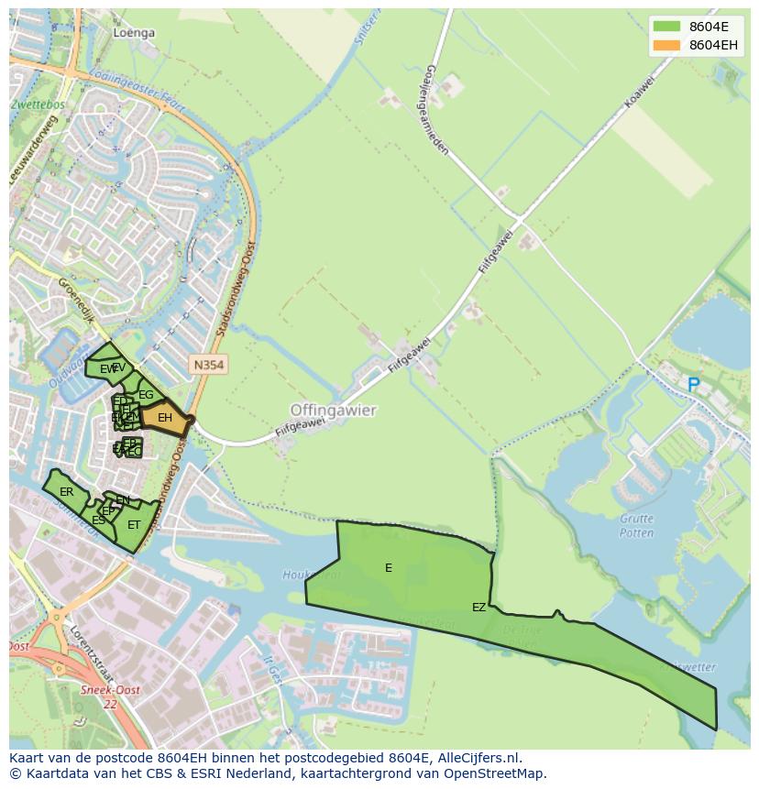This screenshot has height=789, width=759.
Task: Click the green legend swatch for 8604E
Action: coord(666,26)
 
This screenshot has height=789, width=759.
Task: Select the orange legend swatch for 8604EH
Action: coord(666,45)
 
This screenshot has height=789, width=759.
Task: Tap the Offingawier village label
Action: coord(333,411)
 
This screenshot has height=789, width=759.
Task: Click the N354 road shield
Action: coord(208,365)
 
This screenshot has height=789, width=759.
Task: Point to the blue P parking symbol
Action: coord(694,386)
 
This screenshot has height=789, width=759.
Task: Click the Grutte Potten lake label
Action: coord(636,526)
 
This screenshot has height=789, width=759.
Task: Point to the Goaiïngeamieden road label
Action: coord(436,109)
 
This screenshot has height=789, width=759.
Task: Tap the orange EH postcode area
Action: coord(165,418)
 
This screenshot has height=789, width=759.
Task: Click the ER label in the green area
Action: coord(66,492)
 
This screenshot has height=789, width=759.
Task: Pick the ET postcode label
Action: coord(134,525)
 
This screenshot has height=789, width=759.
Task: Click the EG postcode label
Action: coord(146,395)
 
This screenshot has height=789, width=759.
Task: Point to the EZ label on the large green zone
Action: coord(478,607)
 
